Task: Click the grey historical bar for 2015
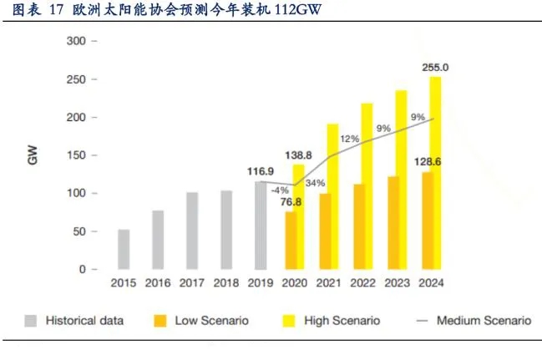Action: point(124,249)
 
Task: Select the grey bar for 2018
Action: point(226,230)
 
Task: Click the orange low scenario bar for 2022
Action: point(359,226)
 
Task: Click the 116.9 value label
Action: point(261,171)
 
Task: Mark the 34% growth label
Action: point(316,183)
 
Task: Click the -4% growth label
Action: point(278,189)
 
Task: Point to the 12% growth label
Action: point(349,138)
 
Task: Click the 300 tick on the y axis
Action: point(78,41)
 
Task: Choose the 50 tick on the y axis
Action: point(81,231)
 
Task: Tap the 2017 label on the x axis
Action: point(192,283)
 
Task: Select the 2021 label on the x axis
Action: point(329,283)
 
